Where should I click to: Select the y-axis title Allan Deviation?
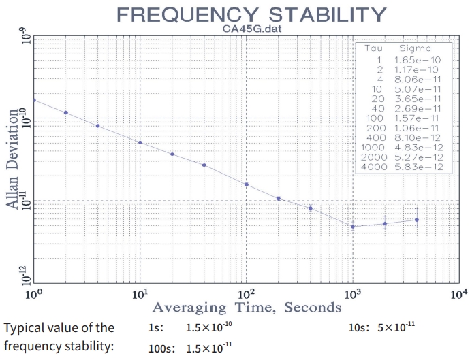12,161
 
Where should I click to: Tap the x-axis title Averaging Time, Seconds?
246,307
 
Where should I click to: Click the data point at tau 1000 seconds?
353,226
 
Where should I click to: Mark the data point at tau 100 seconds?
247,184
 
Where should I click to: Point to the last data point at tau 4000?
417,220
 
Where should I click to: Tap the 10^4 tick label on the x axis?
458,295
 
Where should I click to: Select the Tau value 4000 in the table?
373,167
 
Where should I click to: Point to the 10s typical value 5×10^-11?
397,327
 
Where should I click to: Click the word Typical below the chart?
23,328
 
